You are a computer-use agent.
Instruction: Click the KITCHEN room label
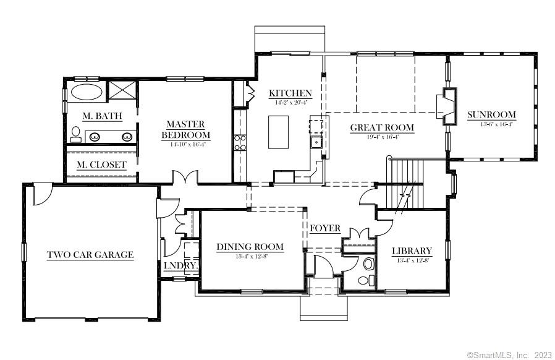pos(290,93)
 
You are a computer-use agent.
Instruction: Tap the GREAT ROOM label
pos(382,128)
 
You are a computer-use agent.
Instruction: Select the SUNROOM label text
pos(491,114)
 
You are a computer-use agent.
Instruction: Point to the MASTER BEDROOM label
pos(185,129)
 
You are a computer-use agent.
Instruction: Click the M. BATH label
pos(102,116)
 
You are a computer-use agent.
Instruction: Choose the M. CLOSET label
pos(102,165)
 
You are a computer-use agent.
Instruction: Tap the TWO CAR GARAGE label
pos(90,254)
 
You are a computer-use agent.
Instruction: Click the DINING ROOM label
pos(250,247)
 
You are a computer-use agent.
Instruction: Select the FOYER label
pos(325,228)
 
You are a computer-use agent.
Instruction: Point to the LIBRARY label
pos(412,251)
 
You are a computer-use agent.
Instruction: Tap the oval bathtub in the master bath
pos(87,93)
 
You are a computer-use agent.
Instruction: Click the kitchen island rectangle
pos(277,132)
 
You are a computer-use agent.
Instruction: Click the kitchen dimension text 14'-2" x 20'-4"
pos(290,102)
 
